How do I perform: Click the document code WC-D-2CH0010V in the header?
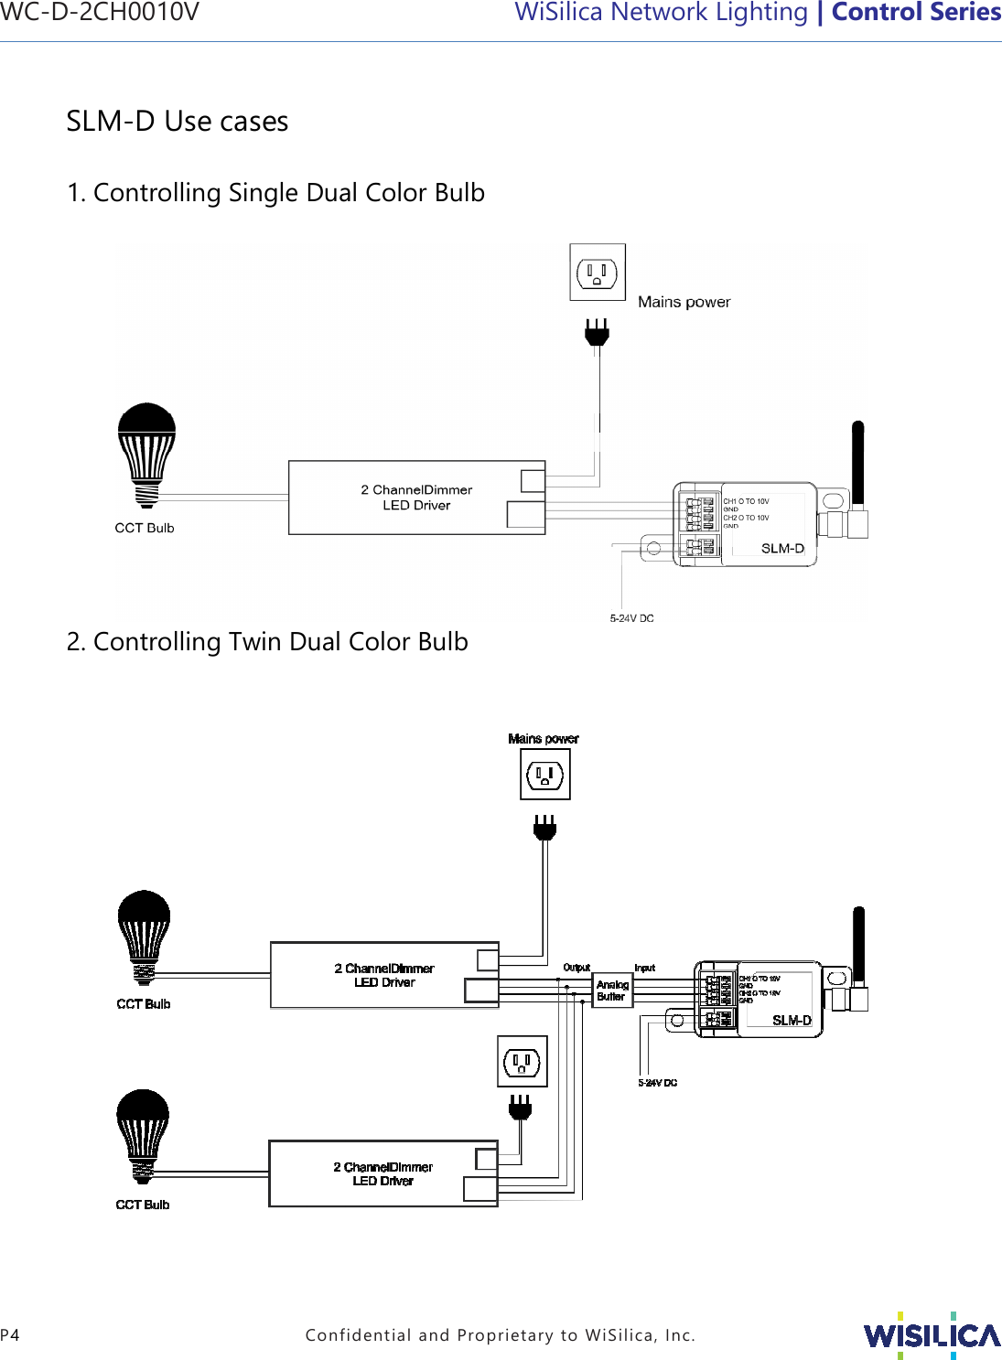click(99, 13)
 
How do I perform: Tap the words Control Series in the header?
click(915, 13)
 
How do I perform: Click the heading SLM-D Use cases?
click(178, 121)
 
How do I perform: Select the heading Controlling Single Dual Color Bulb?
click(275, 193)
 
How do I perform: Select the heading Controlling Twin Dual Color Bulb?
click(267, 642)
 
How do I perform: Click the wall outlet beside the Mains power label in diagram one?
click(598, 273)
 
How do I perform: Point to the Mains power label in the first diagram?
click(684, 302)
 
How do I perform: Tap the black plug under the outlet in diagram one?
click(597, 333)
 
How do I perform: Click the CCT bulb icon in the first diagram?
click(146, 453)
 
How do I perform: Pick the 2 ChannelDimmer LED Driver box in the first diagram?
click(416, 498)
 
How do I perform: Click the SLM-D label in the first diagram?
click(782, 549)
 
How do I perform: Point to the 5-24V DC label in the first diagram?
click(631, 618)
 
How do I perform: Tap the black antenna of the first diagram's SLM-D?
click(857, 462)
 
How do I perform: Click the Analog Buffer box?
click(612, 991)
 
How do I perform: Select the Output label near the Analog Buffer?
click(576, 967)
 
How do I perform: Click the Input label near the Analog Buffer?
click(645, 968)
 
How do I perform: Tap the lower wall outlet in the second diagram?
click(522, 1062)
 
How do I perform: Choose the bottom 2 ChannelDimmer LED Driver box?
click(382, 1173)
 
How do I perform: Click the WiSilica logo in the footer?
click(932, 1335)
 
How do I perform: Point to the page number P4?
click(10, 1335)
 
